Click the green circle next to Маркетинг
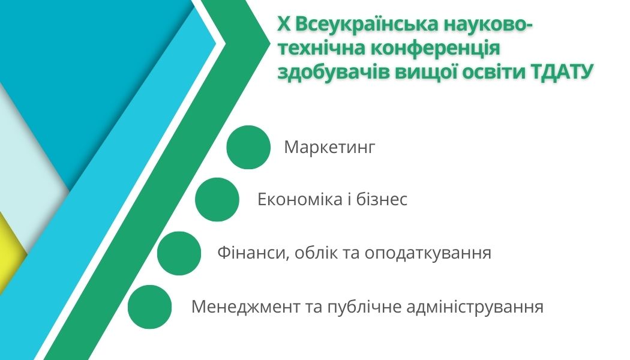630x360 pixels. point(248,147)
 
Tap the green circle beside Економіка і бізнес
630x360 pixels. point(217,200)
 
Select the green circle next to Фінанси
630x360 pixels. point(179,253)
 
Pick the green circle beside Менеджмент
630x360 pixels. point(149,307)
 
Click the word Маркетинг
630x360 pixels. point(329,148)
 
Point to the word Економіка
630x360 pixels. point(300,199)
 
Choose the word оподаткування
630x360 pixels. point(428,254)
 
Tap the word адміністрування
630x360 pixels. point(475,307)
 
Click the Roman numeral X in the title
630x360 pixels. point(284,25)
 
